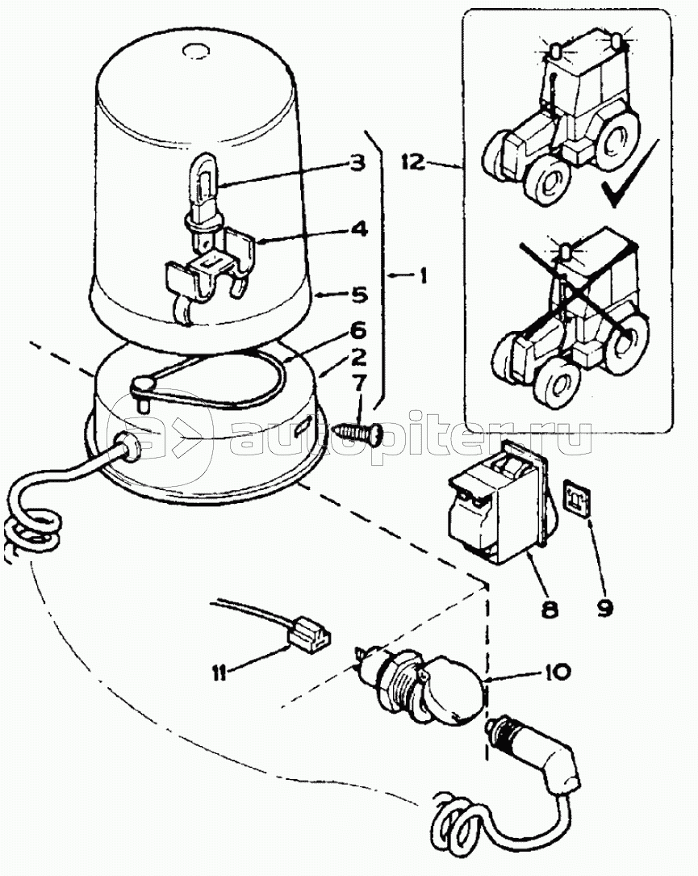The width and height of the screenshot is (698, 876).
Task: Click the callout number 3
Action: pyautogui.click(x=356, y=161)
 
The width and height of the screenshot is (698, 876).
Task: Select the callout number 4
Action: pyautogui.click(x=357, y=229)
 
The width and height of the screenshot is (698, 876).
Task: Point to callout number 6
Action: pyautogui.click(x=357, y=330)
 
